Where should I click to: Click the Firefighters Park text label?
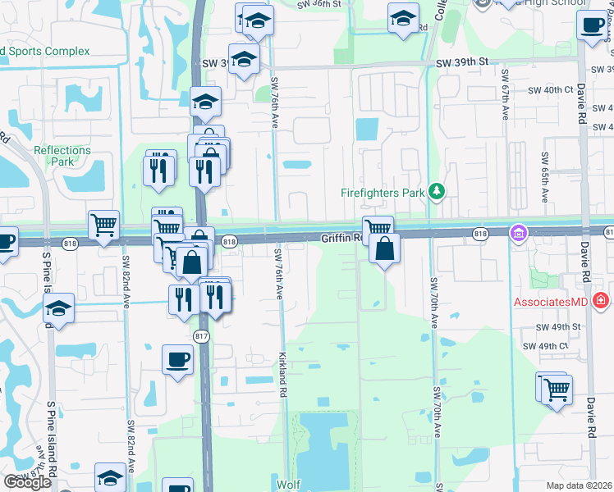[x=383, y=194]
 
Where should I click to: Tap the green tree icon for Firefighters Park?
[x=438, y=192]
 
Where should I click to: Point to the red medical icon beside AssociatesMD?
[x=601, y=301]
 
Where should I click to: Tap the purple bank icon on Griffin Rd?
[x=517, y=235]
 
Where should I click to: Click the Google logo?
[x=27, y=483]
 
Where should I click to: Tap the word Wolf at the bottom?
[x=288, y=484]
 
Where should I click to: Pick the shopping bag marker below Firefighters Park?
[x=384, y=248]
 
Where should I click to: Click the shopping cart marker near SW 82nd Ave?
[x=104, y=224]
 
